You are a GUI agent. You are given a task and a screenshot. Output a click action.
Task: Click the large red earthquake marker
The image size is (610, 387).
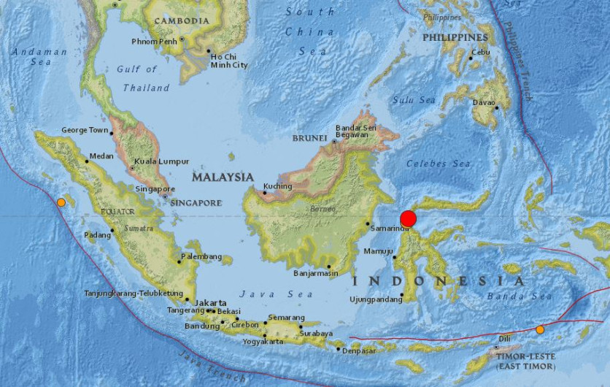409,218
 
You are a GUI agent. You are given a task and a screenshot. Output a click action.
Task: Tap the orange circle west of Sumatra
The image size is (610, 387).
61,202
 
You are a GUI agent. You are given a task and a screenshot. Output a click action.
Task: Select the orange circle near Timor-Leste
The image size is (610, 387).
540,330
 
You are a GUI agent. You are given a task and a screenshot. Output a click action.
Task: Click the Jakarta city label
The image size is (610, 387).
210,302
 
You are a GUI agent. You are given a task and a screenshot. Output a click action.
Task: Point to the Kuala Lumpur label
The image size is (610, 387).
162,161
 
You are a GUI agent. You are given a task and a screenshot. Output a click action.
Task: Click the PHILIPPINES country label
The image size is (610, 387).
455,37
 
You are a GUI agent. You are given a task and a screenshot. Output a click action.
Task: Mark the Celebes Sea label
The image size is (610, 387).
438,164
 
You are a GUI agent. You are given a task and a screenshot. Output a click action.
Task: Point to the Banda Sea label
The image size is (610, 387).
521,296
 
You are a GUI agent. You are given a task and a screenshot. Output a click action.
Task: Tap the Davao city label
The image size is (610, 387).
482,102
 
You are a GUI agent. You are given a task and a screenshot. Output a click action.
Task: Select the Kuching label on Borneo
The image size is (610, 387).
277,186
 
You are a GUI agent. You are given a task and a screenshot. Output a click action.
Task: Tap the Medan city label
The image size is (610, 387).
102,156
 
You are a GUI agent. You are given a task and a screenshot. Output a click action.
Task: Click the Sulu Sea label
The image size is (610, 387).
413,100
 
